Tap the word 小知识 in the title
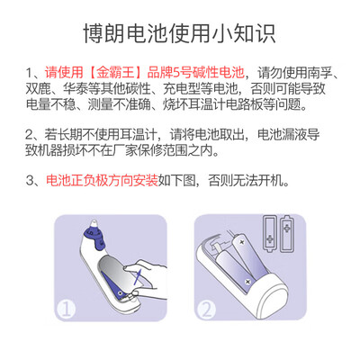[x=251, y=34]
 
